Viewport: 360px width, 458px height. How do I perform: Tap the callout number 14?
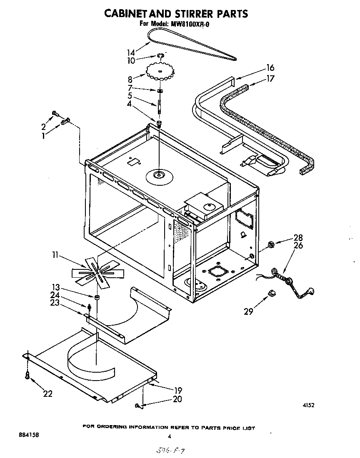(131, 52)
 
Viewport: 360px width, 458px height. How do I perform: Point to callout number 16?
(270, 68)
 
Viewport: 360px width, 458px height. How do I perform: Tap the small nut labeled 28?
(270, 244)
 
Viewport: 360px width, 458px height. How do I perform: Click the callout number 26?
(298, 246)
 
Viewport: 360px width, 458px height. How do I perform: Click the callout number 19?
(178, 391)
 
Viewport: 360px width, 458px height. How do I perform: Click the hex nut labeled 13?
(96, 297)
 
